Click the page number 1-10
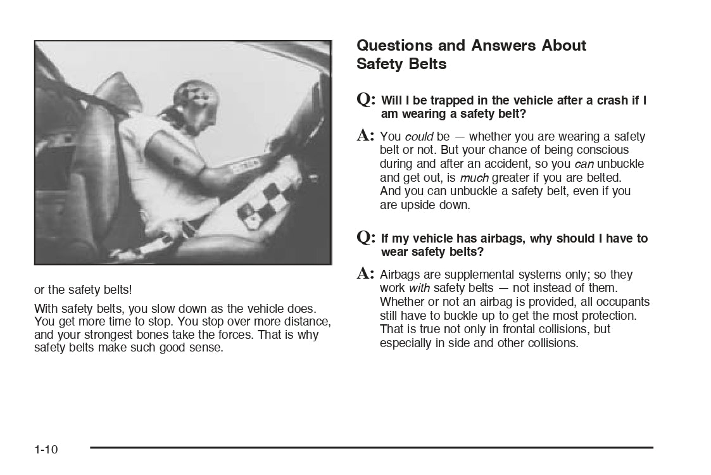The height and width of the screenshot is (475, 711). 46,450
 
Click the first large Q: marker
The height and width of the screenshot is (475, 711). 367,99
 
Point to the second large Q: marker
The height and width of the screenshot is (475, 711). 367,237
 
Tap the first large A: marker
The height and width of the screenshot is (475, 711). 367,135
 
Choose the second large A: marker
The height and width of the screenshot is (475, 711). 367,274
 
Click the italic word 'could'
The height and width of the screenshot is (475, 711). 418,137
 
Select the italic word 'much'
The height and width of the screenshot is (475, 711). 474,178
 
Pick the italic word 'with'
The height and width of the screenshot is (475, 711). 419,288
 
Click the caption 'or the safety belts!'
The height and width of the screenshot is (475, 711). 83,290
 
